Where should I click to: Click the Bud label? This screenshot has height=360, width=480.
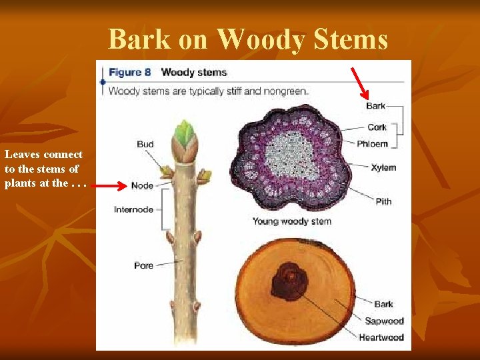point(145,144)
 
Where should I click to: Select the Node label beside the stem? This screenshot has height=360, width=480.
point(142,185)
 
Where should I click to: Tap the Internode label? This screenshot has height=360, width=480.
point(133,209)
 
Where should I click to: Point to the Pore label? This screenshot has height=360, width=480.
point(143,265)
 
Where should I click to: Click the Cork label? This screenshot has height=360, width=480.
point(377,127)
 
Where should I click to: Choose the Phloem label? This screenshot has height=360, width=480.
point(372,143)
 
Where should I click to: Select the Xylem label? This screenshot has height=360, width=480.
point(383,167)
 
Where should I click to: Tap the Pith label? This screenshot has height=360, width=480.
point(383,201)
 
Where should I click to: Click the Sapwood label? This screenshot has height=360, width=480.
point(384,321)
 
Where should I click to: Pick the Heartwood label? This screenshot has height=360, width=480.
point(381,337)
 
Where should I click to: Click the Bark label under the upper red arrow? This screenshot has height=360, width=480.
point(375,105)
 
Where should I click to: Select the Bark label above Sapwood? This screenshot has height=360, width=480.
point(383,304)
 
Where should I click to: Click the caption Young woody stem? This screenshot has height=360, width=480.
point(291,221)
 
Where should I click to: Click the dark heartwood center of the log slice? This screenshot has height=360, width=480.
point(289,281)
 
